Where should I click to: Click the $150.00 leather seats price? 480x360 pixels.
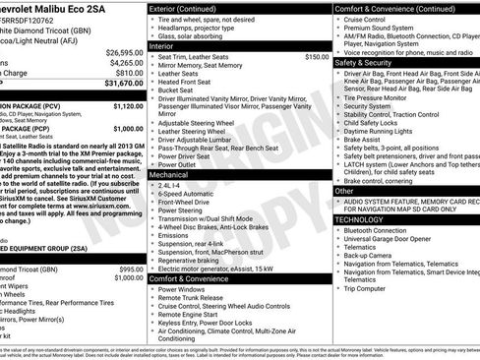click(317, 57)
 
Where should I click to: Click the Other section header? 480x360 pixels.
click(348, 191)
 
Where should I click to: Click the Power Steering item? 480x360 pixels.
click(184, 210)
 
